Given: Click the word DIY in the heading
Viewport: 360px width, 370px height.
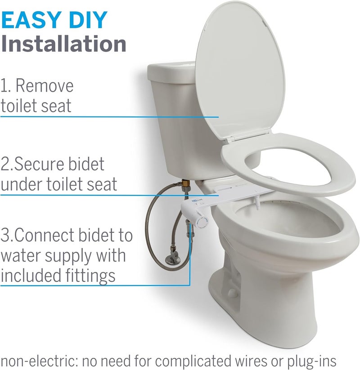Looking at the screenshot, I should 87,21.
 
